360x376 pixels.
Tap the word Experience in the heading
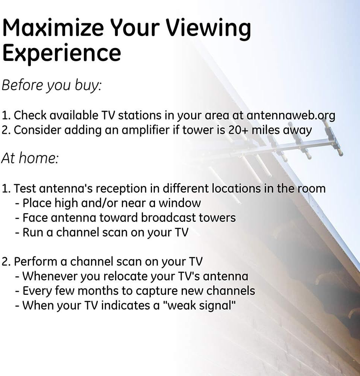coord(61,53)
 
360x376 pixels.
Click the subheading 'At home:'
coord(30,158)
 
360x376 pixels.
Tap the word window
coord(179,203)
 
